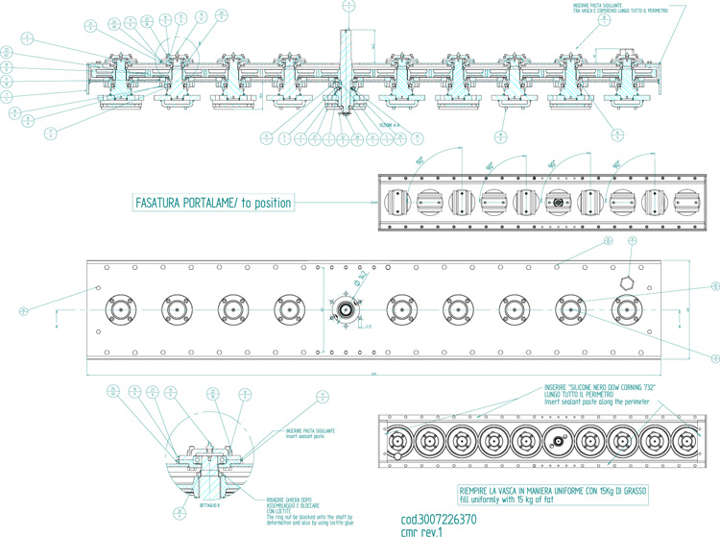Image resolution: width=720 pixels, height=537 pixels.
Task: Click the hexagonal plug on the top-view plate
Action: [626, 282]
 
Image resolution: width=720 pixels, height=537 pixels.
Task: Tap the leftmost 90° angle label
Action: [420, 162]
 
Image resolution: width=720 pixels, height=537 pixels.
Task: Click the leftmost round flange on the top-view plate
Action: [122, 309]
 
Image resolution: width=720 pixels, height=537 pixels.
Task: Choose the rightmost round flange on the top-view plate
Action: [630, 309]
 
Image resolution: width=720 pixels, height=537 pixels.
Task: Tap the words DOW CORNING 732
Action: [608, 384]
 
